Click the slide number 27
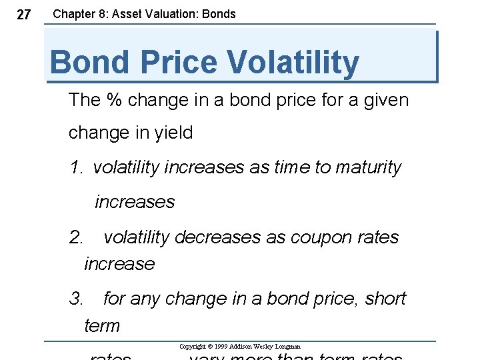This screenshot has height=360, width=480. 23,15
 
